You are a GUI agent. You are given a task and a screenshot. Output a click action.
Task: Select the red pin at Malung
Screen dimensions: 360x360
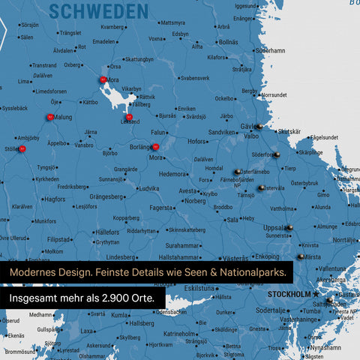tap(49, 116)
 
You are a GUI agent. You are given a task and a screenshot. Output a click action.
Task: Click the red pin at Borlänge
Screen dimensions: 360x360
tap(155, 147)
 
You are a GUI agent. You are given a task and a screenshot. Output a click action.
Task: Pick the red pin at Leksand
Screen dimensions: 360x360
tap(129, 117)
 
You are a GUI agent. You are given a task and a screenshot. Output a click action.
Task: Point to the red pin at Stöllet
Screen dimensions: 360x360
tap(22, 148)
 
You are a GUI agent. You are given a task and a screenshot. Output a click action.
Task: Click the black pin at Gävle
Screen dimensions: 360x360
tap(259, 126)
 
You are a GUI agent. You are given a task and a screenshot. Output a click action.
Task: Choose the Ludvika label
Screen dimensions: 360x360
tap(148, 189)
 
